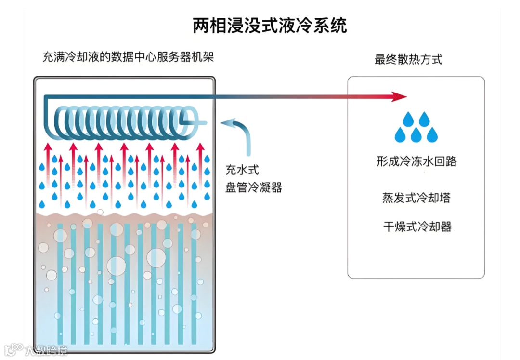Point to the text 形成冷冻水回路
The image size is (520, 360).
(x=416, y=161)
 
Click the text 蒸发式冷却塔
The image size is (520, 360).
(x=416, y=198)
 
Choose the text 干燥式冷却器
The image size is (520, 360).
(x=417, y=227)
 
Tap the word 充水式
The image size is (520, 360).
(x=242, y=170)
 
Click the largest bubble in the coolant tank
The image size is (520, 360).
(x=116, y=265)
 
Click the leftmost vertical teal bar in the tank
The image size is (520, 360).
(x=60, y=280)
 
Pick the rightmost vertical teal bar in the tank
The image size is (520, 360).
(x=194, y=280)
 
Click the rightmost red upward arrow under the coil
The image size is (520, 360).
(x=199, y=159)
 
